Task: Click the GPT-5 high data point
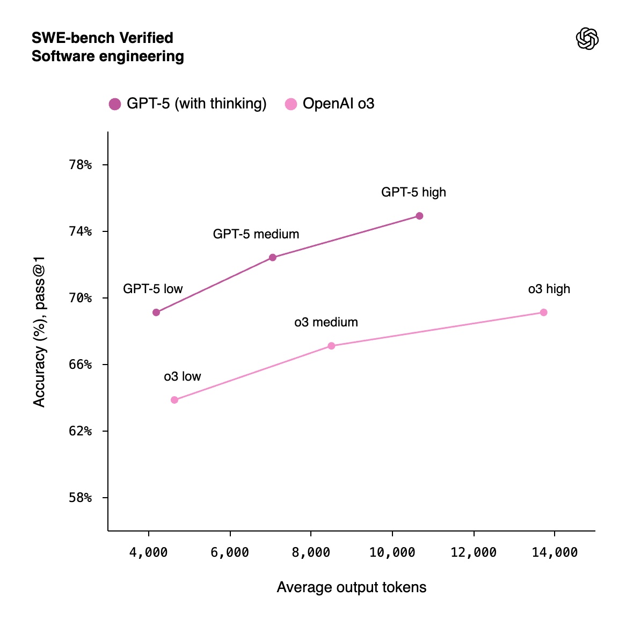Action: tap(419, 216)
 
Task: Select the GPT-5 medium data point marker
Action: tap(273, 258)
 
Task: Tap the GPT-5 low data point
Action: tap(156, 312)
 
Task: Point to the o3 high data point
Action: tap(543, 312)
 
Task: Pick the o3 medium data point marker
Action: tap(331, 346)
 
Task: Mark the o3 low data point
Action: tap(174, 400)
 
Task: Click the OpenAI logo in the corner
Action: tap(587, 39)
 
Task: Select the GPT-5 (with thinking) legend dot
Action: tap(115, 104)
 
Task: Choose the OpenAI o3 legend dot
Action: tap(291, 104)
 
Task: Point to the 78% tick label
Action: tap(81, 165)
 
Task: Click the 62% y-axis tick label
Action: tap(81, 431)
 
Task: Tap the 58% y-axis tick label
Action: tap(81, 498)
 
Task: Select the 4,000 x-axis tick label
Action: tap(149, 552)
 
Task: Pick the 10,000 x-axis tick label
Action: tap(392, 552)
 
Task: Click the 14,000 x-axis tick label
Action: tap(555, 552)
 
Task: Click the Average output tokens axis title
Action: tap(352, 587)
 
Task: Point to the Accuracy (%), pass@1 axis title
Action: tap(39, 332)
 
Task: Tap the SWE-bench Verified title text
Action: tap(103, 38)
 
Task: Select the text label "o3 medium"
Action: tap(326, 322)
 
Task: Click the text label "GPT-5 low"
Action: tap(153, 289)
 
